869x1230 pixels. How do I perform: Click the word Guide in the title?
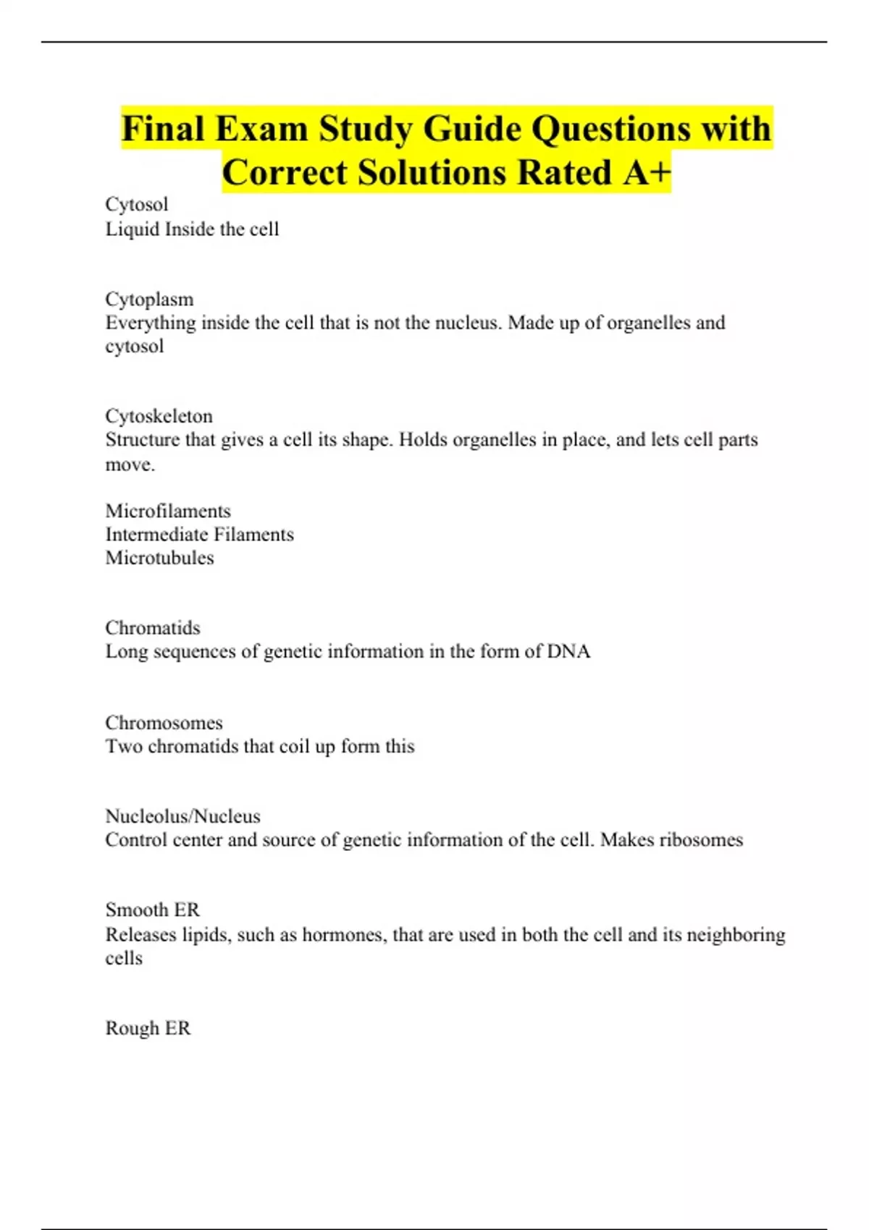[x=472, y=130]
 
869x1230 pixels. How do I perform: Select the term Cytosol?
[x=136, y=205]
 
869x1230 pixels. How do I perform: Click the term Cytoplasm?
[x=149, y=299]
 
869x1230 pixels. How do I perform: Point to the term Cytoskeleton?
[x=159, y=416]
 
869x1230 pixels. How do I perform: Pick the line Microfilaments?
[x=168, y=511]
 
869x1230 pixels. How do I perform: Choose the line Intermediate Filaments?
[x=199, y=535]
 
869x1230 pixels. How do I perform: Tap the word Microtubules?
[x=159, y=558]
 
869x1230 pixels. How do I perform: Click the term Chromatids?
[x=152, y=627]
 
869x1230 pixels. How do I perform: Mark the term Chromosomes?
[x=164, y=723]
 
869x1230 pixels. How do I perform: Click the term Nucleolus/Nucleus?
[x=182, y=816]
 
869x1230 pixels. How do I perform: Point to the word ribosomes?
[x=702, y=840]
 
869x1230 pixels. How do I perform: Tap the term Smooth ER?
[x=152, y=909]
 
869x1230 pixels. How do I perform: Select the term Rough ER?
[x=148, y=1028]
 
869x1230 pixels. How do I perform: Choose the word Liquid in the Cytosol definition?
[x=133, y=229]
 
